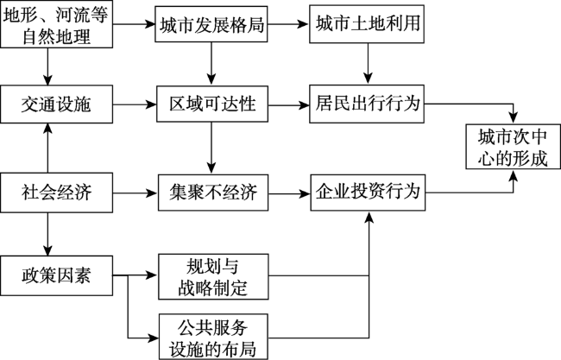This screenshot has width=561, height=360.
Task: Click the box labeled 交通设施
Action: click(56, 104)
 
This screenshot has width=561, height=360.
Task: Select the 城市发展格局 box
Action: click(211, 24)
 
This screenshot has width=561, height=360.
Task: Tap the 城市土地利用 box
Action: click(367, 24)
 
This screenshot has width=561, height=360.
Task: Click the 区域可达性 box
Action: click(212, 104)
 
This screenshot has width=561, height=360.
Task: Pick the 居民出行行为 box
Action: click(367, 104)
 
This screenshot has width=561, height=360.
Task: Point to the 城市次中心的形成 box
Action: click(513, 147)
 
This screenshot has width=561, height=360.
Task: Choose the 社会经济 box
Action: click(56, 193)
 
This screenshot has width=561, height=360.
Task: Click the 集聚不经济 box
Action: click(213, 193)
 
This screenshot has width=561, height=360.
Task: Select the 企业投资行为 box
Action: click(368, 193)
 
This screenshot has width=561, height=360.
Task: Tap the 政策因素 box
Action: click(56, 275)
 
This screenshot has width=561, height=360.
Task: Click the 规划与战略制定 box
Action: click(213, 276)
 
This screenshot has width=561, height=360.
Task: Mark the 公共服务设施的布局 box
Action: click(213, 337)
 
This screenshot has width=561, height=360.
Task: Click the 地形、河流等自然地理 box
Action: click(56, 24)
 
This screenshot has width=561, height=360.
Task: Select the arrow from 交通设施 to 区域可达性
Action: click(135, 104)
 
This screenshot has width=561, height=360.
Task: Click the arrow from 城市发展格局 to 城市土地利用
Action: click(288, 24)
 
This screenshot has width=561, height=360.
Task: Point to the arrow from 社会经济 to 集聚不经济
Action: click(136, 193)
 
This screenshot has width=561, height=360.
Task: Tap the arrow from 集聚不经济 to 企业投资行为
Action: click(289, 194)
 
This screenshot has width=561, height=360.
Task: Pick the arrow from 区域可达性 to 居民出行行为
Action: click(288, 105)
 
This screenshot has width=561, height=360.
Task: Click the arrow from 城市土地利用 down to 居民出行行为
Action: click(368, 64)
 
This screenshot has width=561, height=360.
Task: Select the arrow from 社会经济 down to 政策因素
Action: click(47, 234)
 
